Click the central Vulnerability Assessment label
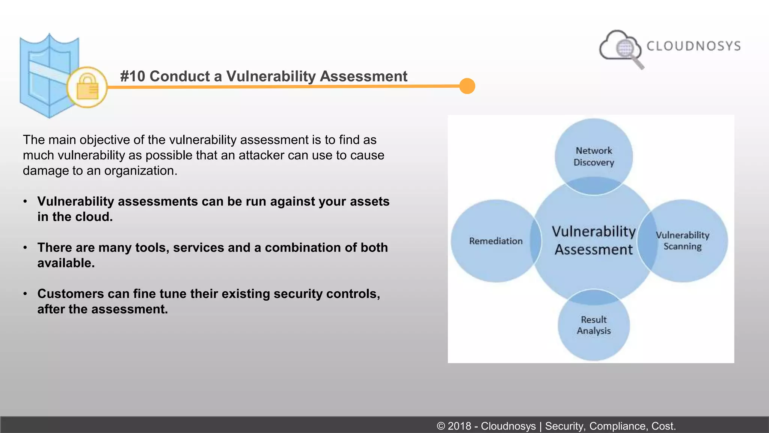click(594, 241)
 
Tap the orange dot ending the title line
click(467, 86)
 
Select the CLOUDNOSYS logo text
click(694, 46)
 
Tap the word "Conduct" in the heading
click(180, 76)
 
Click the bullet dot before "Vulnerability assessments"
click(25, 201)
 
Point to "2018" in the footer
click(459, 426)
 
